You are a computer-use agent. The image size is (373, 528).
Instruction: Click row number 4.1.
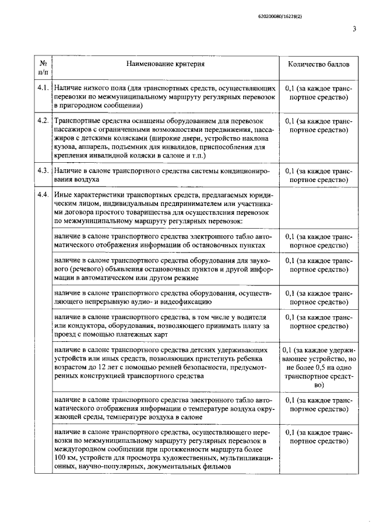click(43, 88)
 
